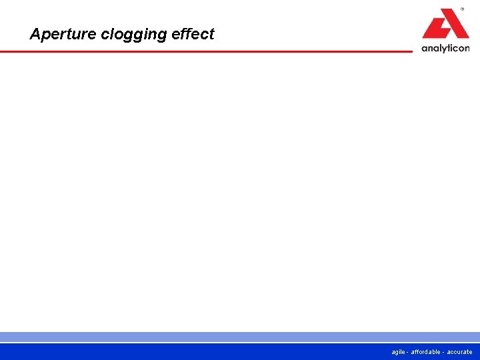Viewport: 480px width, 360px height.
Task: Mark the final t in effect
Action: (x=211, y=34)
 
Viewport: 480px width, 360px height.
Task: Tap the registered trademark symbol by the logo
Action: (x=462, y=10)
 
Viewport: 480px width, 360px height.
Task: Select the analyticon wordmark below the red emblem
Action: (x=445, y=48)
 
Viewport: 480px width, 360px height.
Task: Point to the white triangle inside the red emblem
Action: (x=445, y=27)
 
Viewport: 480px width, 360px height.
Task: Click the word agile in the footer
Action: (x=399, y=352)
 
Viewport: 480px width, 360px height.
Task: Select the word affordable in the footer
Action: (x=425, y=352)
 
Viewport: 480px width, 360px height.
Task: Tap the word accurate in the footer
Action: (x=459, y=352)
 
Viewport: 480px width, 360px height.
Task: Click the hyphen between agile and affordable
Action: (x=407, y=352)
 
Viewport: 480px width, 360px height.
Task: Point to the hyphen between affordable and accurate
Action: (x=443, y=352)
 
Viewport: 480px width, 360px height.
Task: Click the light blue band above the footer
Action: (x=240, y=337)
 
